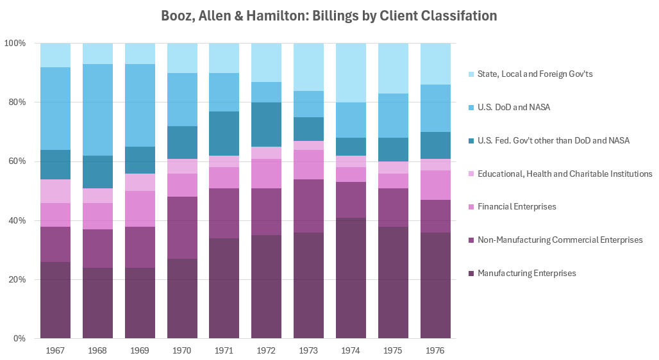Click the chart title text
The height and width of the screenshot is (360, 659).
[329, 15]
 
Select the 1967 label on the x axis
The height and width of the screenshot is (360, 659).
[55, 351]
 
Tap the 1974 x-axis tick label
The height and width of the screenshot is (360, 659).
[351, 351]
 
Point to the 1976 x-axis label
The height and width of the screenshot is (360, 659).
[435, 351]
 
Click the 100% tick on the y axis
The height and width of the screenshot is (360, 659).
[15, 44]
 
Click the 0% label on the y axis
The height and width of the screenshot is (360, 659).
[19, 339]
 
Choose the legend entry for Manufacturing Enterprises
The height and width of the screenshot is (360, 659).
[526, 274]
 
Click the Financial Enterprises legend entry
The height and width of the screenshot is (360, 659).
[517, 207]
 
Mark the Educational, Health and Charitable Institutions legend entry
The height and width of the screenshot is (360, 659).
[565, 174]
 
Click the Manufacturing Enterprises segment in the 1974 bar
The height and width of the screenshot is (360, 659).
[351, 278]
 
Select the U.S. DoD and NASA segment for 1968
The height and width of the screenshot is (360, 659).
[97, 110]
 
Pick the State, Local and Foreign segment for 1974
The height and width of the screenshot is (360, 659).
[351, 73]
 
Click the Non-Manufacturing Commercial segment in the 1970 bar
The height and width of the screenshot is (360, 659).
[182, 227]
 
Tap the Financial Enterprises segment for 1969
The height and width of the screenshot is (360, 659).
[140, 209]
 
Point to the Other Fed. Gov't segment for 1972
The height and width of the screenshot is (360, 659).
[266, 124]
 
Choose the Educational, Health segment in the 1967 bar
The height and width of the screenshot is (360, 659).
[55, 191]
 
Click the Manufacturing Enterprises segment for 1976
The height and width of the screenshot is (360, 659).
[435, 285]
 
